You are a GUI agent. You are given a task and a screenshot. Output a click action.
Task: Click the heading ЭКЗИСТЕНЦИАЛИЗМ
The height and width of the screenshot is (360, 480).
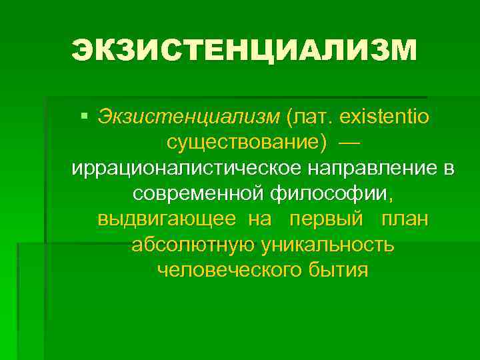coord(244,51)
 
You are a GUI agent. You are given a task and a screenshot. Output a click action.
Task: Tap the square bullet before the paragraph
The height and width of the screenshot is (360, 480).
coord(84,116)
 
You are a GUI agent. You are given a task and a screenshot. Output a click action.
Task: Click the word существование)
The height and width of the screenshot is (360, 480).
coord(247,143)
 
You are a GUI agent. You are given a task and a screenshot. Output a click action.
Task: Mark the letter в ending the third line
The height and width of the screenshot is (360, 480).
coord(450,169)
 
